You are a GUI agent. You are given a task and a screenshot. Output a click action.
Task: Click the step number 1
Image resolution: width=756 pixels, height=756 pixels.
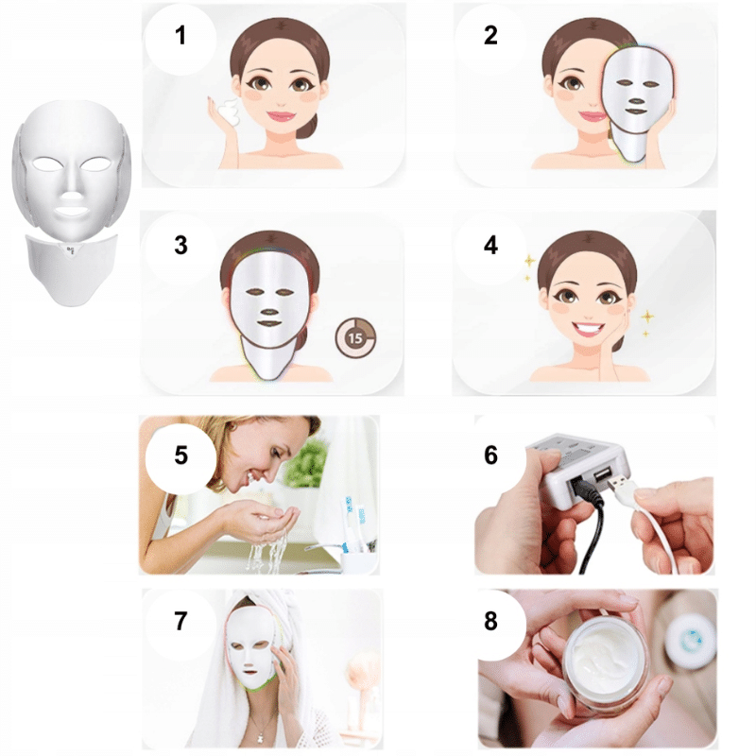(x=180, y=35)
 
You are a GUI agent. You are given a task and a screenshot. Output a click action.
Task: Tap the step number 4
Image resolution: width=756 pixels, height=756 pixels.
(x=490, y=245)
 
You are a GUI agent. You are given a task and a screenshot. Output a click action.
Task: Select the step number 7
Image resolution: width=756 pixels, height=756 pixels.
(x=180, y=621)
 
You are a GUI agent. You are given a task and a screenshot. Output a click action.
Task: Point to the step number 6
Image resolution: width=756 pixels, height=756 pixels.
(x=490, y=455)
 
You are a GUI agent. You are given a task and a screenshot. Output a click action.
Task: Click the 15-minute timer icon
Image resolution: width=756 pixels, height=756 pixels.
(x=355, y=338)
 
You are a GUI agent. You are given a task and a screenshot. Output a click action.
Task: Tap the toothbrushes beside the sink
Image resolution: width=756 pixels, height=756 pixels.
(x=353, y=524)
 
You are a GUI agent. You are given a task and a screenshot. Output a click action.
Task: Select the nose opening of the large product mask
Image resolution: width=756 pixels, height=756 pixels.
(x=72, y=197)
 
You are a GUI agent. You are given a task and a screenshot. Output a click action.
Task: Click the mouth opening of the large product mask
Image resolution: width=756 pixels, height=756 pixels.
(x=72, y=211)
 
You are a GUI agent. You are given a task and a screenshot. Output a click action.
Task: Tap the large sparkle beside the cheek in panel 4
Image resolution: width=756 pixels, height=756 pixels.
(x=647, y=317)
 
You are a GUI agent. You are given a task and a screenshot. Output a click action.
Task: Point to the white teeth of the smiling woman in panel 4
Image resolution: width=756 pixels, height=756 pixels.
(x=588, y=328)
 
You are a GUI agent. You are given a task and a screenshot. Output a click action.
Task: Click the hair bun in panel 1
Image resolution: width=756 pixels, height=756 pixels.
(x=307, y=127)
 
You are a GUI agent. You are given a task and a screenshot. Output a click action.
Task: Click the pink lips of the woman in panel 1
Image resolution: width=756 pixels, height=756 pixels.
(x=281, y=116)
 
